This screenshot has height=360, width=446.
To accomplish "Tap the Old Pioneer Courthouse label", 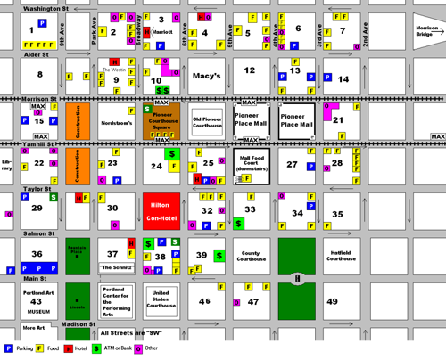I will click(x=206, y=122).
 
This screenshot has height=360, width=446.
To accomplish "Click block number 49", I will click(x=333, y=301).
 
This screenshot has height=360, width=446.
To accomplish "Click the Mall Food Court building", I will click(x=252, y=166).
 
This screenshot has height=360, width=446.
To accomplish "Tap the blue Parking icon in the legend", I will click(x=8, y=348).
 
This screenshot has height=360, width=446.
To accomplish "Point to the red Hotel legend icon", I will click(x=67, y=348).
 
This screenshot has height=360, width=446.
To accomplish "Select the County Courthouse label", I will click(x=252, y=258).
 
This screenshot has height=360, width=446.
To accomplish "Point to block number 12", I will click(x=251, y=70).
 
